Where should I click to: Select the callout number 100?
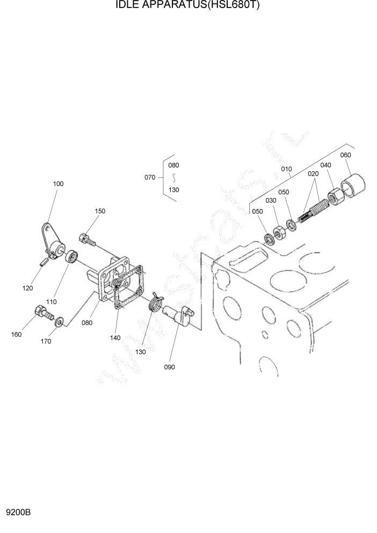point(58,184)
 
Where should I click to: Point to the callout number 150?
point(100,211)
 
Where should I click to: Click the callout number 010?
point(286,168)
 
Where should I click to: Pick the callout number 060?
point(345,155)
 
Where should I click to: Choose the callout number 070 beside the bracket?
point(150,177)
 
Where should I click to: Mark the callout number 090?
point(170,367)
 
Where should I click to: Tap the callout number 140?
point(115,338)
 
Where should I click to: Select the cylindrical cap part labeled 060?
point(353,183)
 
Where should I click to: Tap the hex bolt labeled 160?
point(44,312)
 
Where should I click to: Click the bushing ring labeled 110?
point(71,256)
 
